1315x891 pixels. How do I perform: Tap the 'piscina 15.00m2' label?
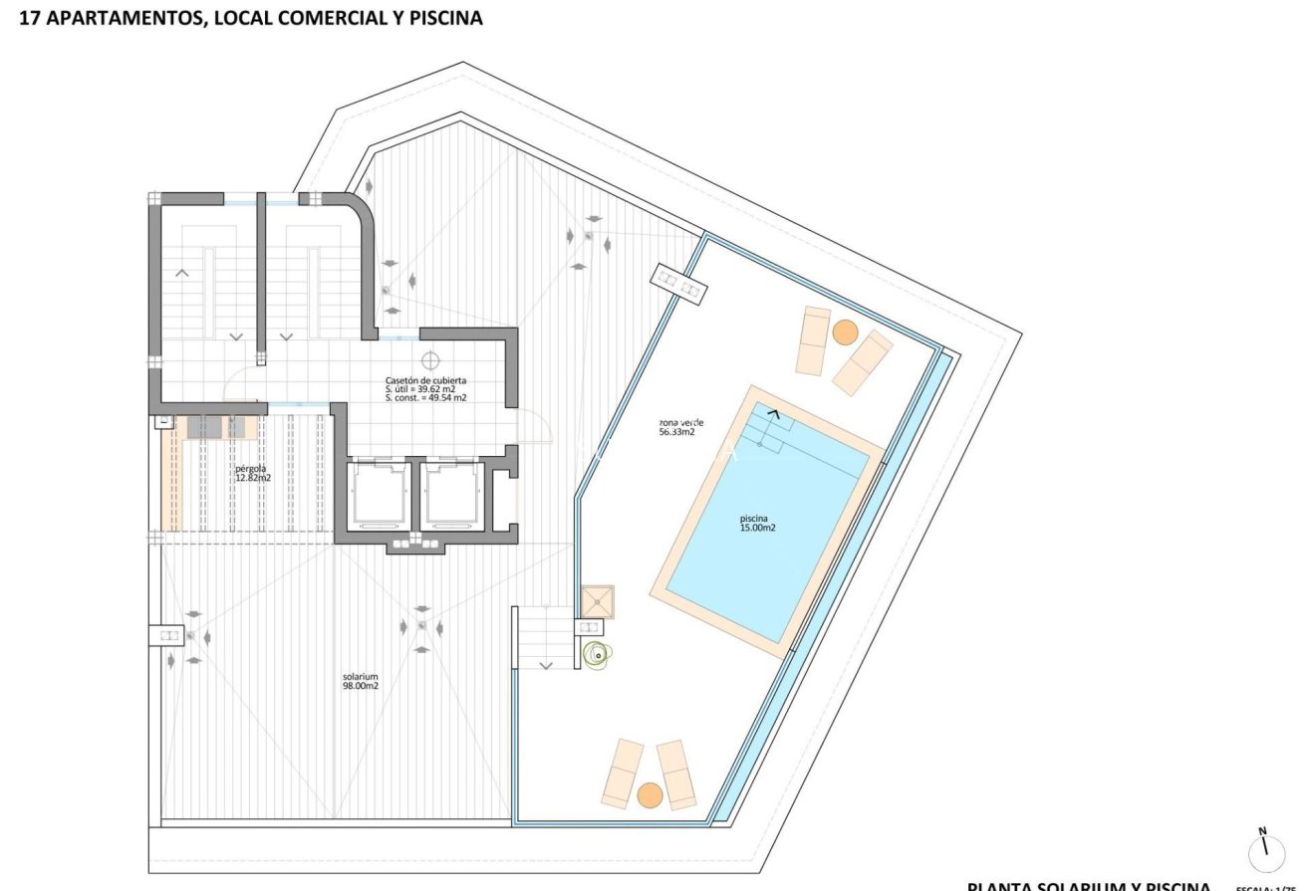tap(757, 523)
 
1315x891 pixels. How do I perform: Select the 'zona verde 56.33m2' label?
tap(676, 426)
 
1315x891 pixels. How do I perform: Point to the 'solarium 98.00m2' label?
tap(361, 681)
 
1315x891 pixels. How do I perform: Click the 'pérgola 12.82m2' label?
tap(252, 473)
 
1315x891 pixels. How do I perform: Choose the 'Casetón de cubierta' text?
tap(425, 380)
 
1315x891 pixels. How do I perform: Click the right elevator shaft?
tap(452, 494)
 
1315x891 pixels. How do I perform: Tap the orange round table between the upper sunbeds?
tap(845, 332)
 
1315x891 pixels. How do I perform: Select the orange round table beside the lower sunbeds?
tap(650, 794)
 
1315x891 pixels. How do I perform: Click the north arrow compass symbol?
tap(1266, 851)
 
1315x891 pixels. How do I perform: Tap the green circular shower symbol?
tap(597, 654)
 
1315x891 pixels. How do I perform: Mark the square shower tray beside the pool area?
tap(599, 600)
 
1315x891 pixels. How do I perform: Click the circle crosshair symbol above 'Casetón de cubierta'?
tap(430, 360)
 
